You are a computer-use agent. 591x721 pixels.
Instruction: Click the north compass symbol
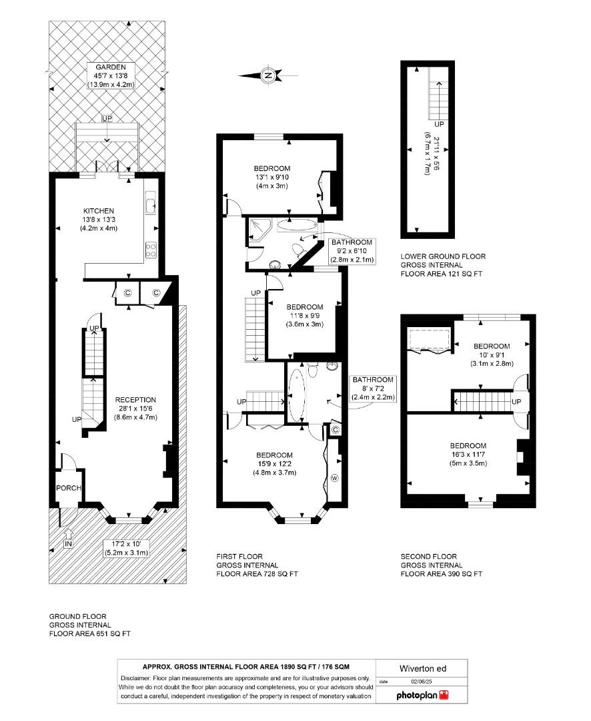tap(268, 75)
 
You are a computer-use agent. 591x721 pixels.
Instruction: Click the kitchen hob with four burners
tap(151, 251)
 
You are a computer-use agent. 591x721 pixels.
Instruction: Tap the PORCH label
tap(69, 488)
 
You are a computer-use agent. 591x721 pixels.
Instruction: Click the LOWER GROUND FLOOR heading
tap(443, 256)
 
